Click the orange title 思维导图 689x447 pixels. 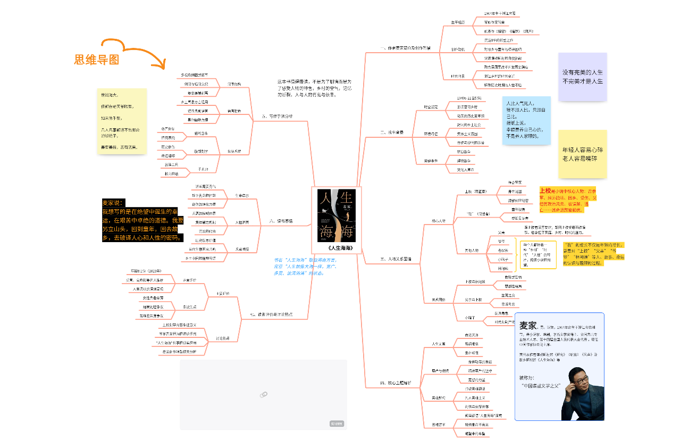[x=96, y=60]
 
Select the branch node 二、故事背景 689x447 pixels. [x=391, y=132]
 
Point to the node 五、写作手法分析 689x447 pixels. [x=276, y=116]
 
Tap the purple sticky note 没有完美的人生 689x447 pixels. [x=582, y=77]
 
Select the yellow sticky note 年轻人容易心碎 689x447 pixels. [x=582, y=154]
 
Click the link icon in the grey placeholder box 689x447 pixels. [x=263, y=394]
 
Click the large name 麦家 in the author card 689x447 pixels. [x=528, y=325]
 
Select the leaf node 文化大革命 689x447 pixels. [x=465, y=170]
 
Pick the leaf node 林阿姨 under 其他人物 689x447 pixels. [x=502, y=269]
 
